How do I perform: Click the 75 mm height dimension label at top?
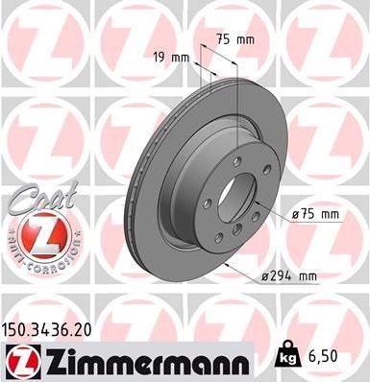[x=239, y=39]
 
